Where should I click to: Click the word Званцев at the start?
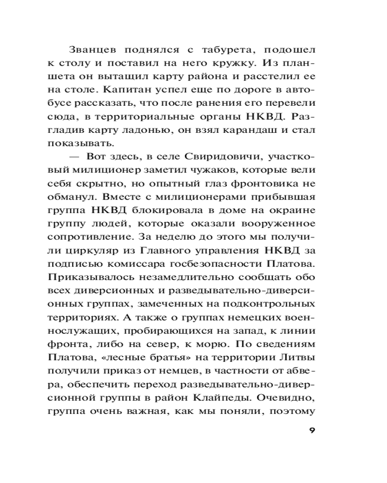coord(94,50)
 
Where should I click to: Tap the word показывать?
coord(80,143)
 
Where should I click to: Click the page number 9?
coord(312,431)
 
